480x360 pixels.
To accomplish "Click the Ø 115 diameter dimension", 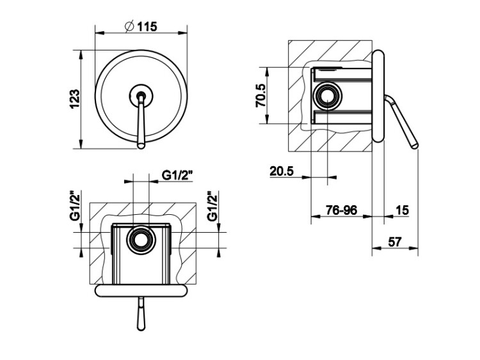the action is point(141,27).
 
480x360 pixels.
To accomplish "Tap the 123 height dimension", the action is point(74,98).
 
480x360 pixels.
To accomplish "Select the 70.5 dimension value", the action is point(261,95).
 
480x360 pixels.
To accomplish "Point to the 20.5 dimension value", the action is point(282,171).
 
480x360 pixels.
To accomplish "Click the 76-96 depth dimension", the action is point(341,210).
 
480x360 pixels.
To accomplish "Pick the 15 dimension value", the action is point(403,210).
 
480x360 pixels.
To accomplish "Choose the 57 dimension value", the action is point(395,242).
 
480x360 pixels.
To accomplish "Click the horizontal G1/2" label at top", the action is point(177,175).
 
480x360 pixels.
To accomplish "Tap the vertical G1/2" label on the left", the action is point(75,205).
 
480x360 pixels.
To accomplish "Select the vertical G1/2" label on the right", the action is point(212,206).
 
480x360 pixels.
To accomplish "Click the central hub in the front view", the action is point(141,95).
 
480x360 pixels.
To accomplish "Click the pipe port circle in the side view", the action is point(328,96).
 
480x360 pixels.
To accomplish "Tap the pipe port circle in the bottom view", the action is point(141,240).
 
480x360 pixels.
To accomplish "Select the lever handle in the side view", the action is point(401,121).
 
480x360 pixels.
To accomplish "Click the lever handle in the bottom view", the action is point(141,314).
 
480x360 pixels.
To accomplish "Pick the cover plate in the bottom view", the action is point(141,290).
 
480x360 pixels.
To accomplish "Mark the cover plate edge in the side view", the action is point(378,96).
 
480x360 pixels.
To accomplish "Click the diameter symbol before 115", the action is point(129,27).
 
